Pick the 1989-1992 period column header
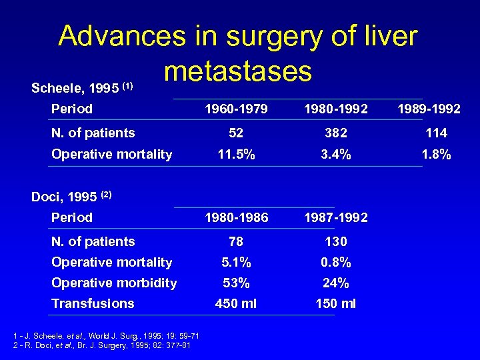tap(429, 109)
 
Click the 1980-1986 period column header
tap(235, 217)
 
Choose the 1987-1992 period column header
tap(335, 217)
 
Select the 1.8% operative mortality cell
tap(436, 155)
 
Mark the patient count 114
tap(436, 133)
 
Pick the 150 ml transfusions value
tap(335, 304)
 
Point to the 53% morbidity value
tap(235, 283)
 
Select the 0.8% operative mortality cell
tap(335, 262)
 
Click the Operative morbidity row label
tap(114, 283)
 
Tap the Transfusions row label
tap(93, 303)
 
